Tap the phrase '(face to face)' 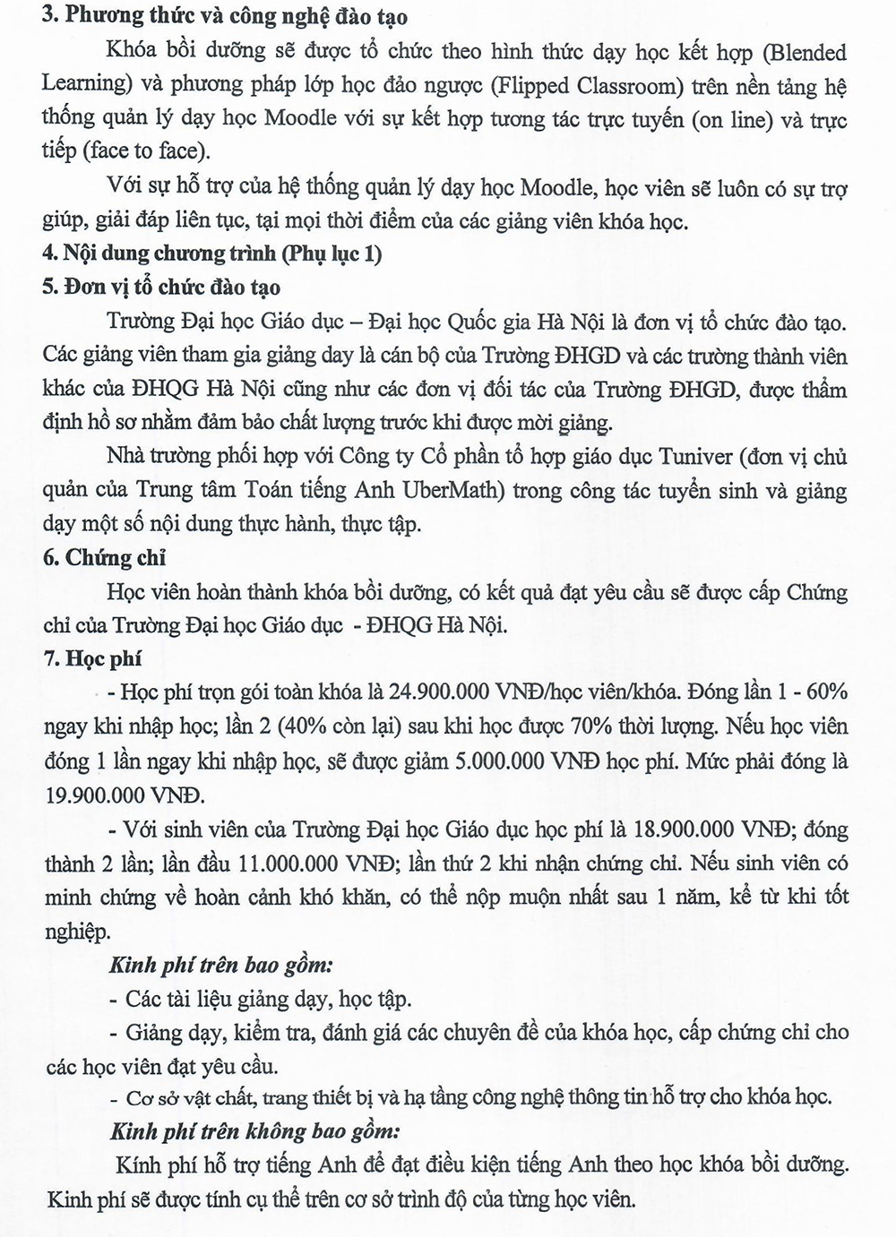point(143,151)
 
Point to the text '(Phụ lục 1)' point(332,254)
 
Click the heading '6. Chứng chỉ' point(104,558)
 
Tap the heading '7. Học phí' point(91,659)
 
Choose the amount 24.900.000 point(436,693)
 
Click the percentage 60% point(824,693)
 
